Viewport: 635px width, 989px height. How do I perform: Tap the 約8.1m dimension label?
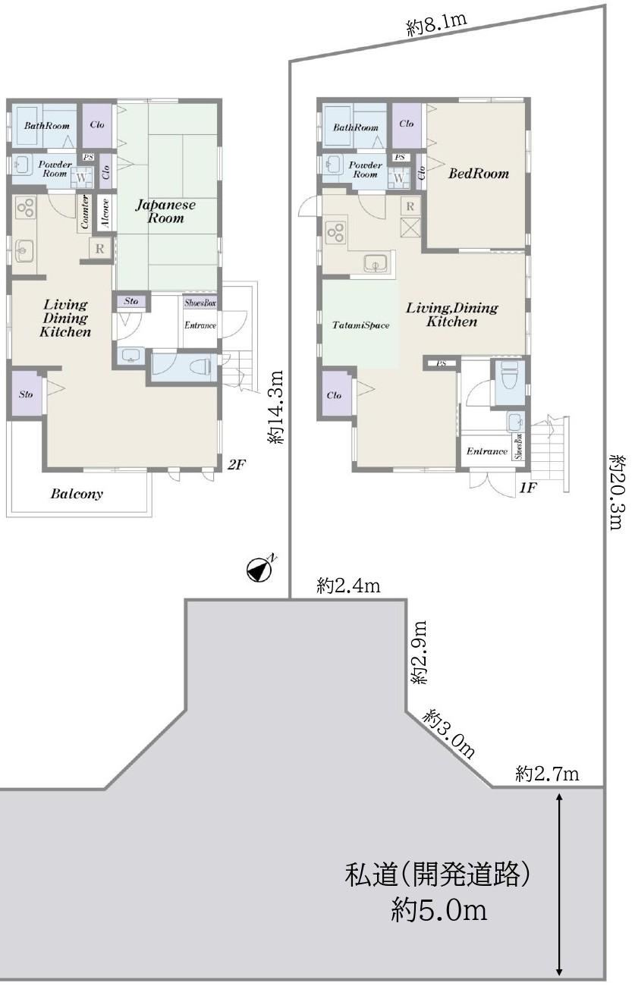(436, 25)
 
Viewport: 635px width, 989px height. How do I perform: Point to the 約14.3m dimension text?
(275, 407)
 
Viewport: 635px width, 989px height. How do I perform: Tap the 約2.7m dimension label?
(547, 774)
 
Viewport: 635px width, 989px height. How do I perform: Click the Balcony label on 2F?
(77, 494)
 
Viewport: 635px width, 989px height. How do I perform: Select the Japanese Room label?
(165, 211)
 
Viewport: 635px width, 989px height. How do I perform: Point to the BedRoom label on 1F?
(479, 173)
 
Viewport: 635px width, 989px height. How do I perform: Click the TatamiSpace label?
(361, 325)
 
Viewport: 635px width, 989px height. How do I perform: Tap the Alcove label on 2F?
(105, 213)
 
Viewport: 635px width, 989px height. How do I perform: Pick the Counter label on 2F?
(85, 212)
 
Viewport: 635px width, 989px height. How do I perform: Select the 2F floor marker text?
(236, 464)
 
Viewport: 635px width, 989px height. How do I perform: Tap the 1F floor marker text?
(528, 488)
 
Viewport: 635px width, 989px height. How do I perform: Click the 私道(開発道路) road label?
(437, 874)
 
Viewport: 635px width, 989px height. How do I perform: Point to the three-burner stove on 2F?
(25, 208)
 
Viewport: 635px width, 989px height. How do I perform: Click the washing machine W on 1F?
(398, 177)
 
